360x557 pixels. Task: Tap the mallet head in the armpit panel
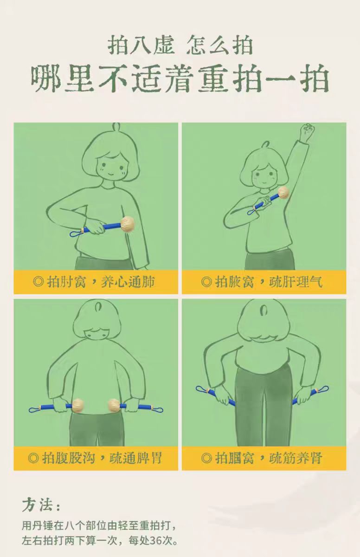283,193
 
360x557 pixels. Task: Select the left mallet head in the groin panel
77,406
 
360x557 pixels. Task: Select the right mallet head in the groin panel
114,406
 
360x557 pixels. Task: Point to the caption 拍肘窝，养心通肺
94,282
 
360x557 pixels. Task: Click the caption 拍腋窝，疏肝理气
262,282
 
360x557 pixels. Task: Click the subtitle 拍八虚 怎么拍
180,45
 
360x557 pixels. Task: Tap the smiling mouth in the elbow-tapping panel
111,173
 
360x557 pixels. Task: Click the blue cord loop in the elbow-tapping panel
75,233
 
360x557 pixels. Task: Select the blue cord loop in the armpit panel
252,212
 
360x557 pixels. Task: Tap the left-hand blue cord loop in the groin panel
35,409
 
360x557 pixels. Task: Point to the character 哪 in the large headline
46,78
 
